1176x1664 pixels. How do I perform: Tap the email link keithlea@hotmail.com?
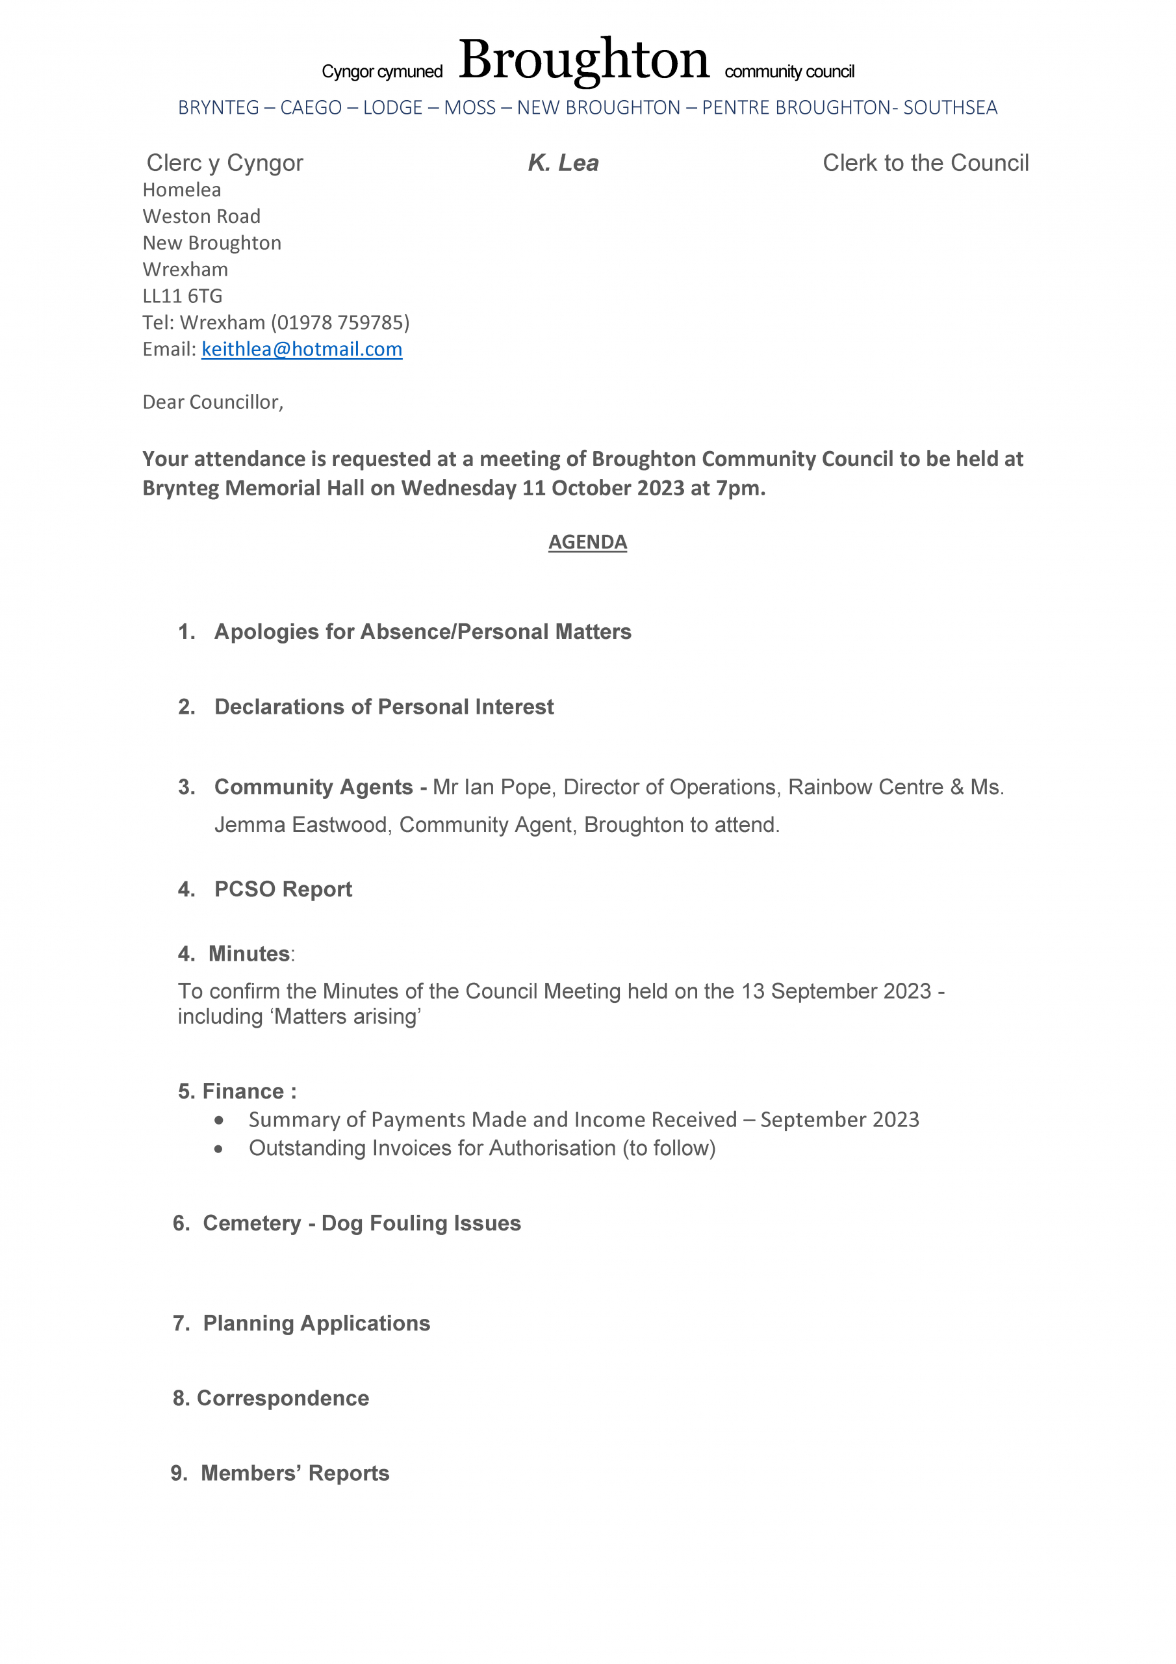point(301,349)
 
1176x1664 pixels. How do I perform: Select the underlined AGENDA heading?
point(587,542)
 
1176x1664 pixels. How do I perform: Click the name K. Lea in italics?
point(563,163)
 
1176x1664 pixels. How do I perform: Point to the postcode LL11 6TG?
point(183,296)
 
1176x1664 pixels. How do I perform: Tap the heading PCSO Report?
point(283,889)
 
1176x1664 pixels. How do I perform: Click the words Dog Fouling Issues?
point(421,1223)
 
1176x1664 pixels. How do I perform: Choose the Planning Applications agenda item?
point(316,1323)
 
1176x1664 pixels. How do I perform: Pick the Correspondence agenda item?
point(283,1398)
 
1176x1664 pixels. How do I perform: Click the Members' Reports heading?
point(295,1474)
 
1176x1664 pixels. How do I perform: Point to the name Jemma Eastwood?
point(301,825)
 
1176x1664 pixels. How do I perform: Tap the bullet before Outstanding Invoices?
point(219,1149)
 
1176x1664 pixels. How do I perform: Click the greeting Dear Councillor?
point(212,402)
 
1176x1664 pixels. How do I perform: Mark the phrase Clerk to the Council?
point(925,163)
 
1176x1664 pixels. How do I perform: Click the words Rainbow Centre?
point(865,787)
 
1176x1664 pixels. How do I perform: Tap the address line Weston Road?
point(201,216)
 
